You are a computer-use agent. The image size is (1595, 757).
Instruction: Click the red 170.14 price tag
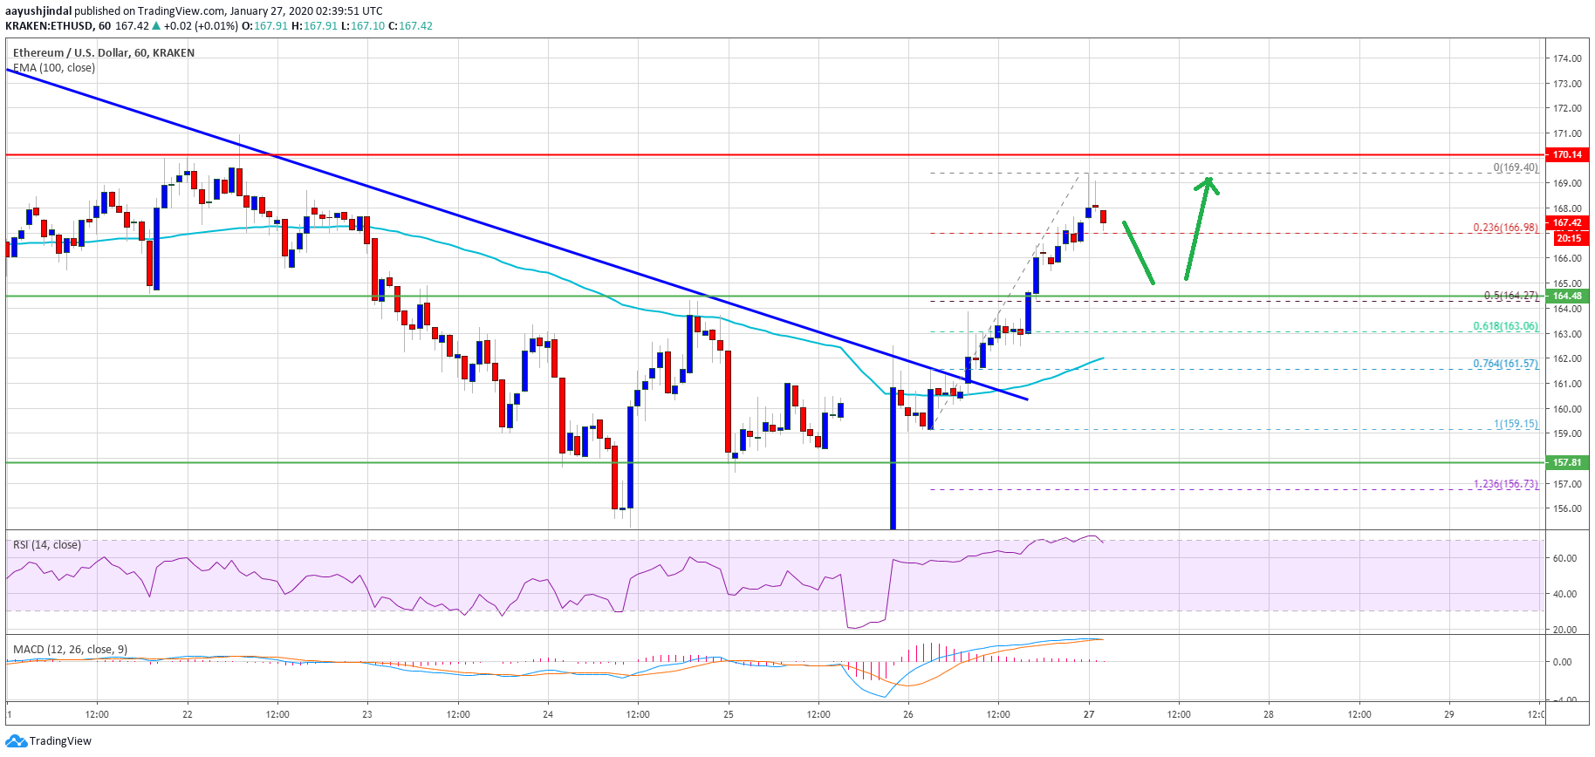[1566, 154]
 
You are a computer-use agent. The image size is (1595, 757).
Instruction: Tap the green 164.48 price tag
[1566, 296]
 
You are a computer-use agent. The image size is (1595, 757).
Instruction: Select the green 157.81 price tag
[1566, 462]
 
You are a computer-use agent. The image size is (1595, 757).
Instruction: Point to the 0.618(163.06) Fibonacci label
[1505, 326]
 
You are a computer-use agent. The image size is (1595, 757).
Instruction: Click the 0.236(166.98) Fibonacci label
[1505, 228]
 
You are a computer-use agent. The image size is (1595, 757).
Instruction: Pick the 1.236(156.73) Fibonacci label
[1505, 484]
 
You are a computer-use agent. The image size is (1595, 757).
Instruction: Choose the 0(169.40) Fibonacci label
[1516, 167]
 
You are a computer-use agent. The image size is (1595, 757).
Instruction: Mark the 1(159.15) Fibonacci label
[1516, 424]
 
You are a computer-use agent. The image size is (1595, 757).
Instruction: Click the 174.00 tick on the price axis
[1567, 58]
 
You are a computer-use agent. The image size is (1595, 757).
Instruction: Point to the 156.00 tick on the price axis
[1567, 508]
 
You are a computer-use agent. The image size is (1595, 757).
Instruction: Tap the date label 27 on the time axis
[1089, 714]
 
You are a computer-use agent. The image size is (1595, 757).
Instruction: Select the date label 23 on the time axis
[367, 714]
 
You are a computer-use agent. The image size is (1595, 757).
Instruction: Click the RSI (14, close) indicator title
[47, 545]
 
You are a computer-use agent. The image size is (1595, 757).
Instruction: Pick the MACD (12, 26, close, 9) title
[70, 650]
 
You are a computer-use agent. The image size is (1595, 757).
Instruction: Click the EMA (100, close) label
[54, 68]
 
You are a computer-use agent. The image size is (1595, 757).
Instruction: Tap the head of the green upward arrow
[1208, 181]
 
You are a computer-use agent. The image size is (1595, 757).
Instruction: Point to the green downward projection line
[1138, 253]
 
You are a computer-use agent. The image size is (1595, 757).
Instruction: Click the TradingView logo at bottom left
[49, 741]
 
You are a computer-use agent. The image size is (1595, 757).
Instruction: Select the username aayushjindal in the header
[38, 11]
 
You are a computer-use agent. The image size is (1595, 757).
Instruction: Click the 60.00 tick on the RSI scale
[1564, 558]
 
